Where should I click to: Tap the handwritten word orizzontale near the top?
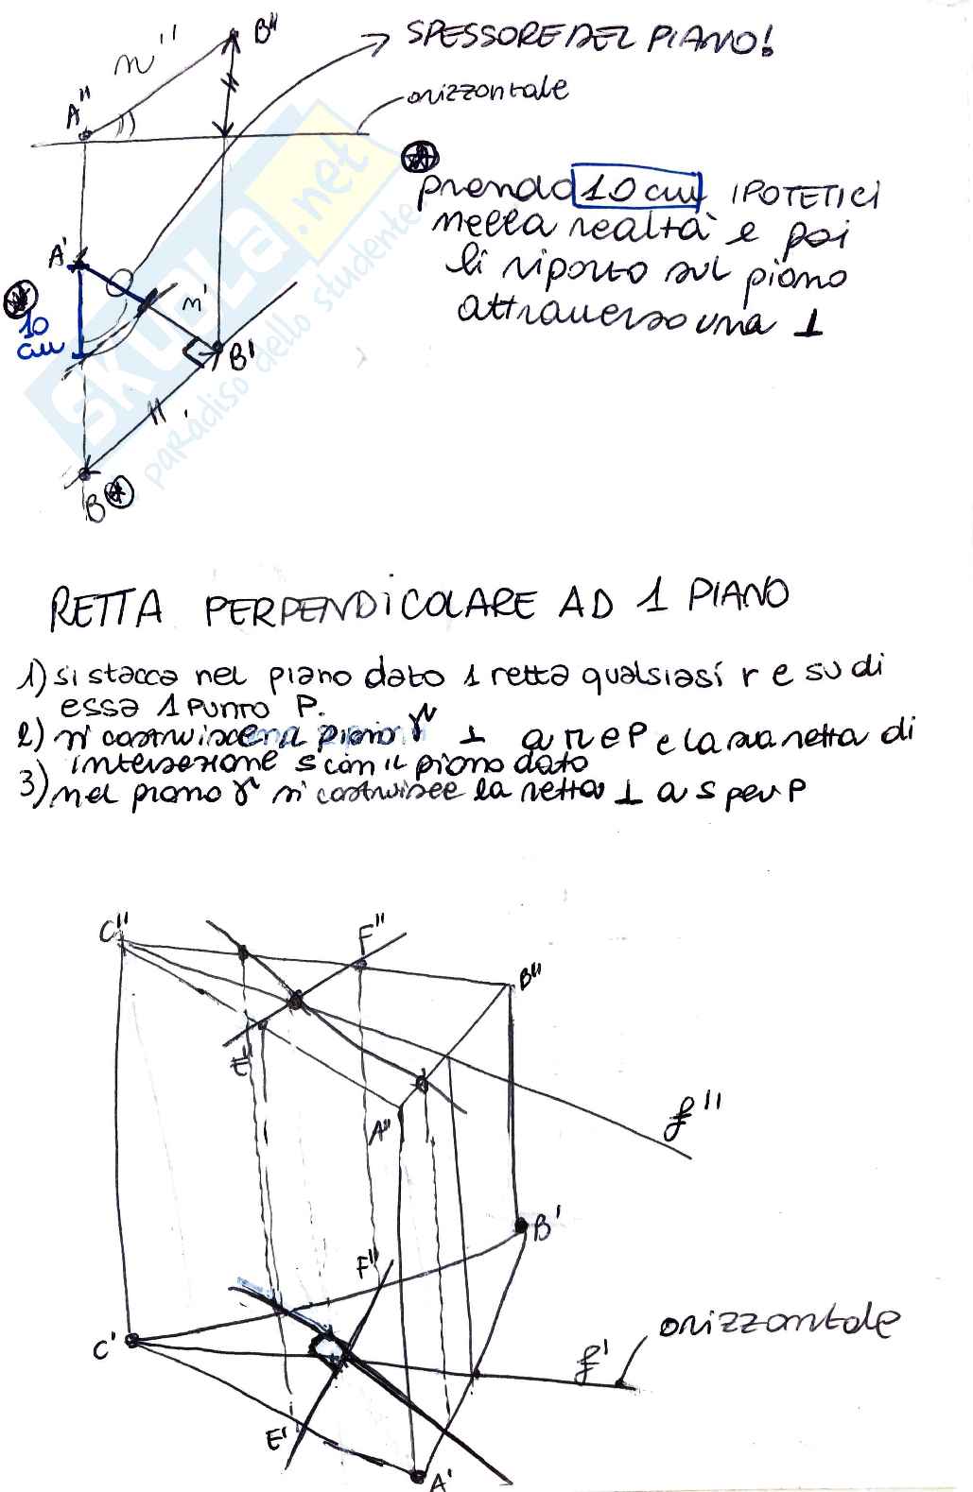click(487, 92)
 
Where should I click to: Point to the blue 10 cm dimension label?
click(35, 334)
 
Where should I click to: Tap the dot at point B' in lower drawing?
click(520, 1226)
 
